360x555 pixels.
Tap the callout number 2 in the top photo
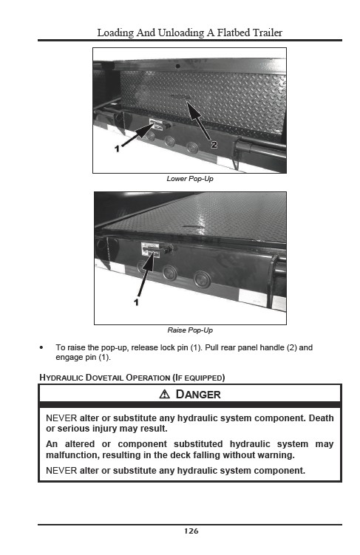pyautogui.click(x=214, y=144)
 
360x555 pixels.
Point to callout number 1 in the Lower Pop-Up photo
pyautogui.click(x=118, y=149)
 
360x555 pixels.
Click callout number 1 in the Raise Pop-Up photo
pyautogui.click(x=136, y=302)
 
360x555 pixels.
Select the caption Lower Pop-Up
pyautogui.click(x=190, y=179)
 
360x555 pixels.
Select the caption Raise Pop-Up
pyautogui.click(x=190, y=330)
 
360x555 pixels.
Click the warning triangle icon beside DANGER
pyautogui.click(x=165, y=394)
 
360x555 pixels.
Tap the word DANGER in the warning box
pyautogui.click(x=198, y=394)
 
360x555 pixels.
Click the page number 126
pyautogui.click(x=191, y=531)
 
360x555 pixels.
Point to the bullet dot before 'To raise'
pyautogui.click(x=41, y=347)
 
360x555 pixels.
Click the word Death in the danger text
pyautogui.click(x=321, y=418)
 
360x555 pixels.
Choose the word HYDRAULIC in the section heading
pyautogui.click(x=61, y=378)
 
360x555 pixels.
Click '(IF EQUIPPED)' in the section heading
pyautogui.click(x=199, y=378)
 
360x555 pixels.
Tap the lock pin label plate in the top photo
pyautogui.click(x=156, y=124)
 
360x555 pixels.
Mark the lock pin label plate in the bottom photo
pyautogui.click(x=151, y=249)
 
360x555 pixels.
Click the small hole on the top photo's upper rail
pyautogui.click(x=177, y=66)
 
